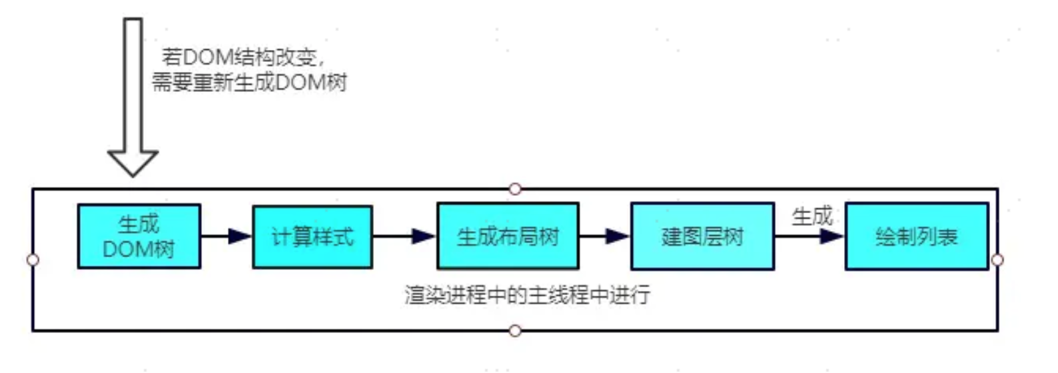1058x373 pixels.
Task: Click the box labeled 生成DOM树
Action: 139,236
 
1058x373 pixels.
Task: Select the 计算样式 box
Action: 312,236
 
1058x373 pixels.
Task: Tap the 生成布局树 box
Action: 508,236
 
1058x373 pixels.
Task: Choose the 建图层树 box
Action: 702,236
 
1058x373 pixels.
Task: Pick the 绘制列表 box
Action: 916,236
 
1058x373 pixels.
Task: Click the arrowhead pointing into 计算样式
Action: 240,236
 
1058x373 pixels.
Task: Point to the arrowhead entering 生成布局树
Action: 424,236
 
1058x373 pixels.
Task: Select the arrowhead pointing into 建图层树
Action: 618,236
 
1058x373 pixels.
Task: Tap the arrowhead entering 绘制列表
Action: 832,236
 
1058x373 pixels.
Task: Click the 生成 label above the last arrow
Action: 811,216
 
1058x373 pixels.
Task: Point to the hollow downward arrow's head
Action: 133,163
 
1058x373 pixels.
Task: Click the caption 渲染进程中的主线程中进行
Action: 527,294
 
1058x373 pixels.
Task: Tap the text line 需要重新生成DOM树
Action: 249,83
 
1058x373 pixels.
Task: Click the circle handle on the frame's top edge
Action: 514,189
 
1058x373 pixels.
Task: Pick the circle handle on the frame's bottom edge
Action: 514,330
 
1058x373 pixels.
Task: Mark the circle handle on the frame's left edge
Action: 33,260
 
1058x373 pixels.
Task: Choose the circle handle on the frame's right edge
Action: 997,260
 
